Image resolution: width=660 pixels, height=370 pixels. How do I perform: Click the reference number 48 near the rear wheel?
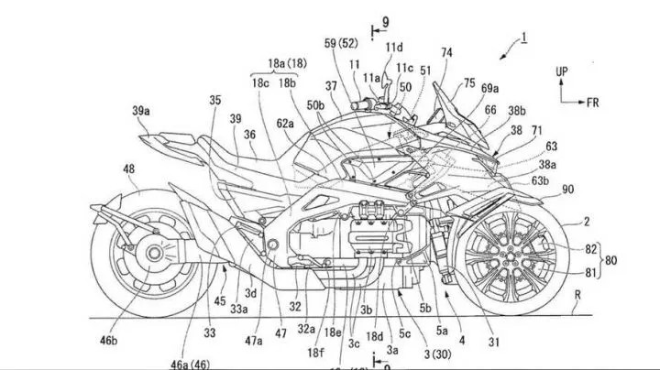point(127,169)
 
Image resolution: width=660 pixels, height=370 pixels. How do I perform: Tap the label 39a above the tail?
point(141,111)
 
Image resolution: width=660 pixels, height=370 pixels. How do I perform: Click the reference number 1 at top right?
point(523,38)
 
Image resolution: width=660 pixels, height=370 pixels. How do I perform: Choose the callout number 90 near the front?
point(568,190)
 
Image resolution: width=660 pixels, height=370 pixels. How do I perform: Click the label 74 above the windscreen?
point(445,53)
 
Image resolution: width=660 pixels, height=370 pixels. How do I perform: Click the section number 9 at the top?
point(384,19)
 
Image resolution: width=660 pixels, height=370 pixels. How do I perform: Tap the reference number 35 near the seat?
point(214,100)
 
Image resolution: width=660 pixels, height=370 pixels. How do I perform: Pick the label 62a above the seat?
point(285,123)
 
